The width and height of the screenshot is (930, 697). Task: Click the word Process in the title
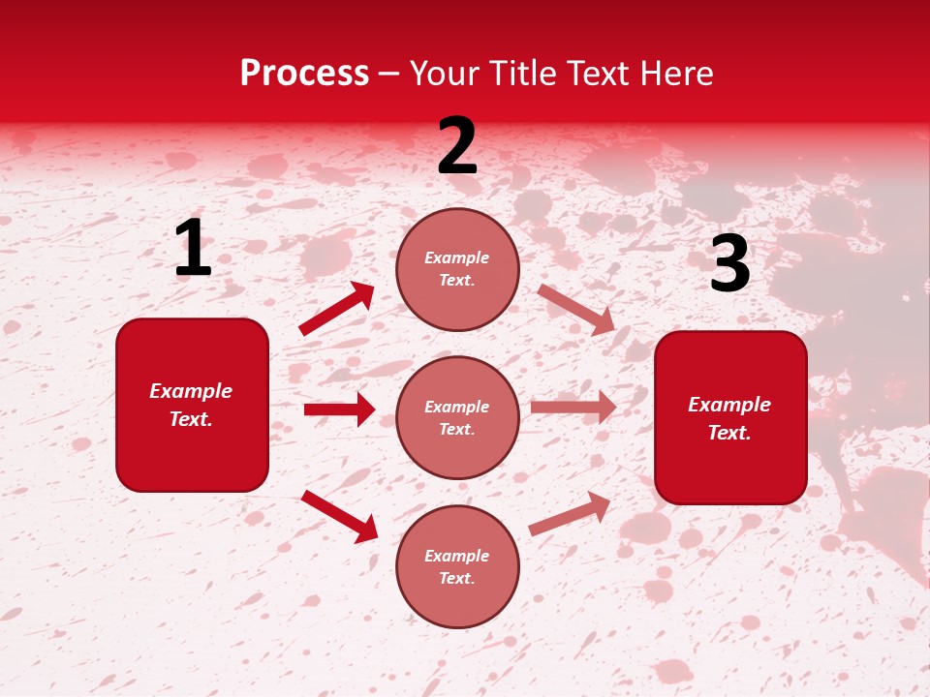[304, 74]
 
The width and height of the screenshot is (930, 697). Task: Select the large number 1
[193, 249]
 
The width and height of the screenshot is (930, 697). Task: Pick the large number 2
[457, 147]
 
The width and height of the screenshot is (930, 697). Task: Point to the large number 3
[729, 264]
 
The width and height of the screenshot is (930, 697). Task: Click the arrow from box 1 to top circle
[337, 308]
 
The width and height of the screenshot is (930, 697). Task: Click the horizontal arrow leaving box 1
[339, 409]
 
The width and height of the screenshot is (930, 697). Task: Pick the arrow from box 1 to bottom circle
[340, 516]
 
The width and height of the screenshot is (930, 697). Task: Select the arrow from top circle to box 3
[576, 309]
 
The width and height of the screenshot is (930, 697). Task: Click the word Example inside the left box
[191, 391]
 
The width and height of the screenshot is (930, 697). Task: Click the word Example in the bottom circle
[457, 556]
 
